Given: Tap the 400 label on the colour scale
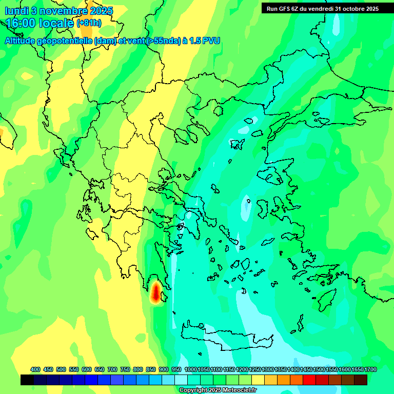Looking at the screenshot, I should click(x=35, y=369).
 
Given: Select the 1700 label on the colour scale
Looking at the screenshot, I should click(x=370, y=369).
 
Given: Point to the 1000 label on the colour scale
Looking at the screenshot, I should click(x=191, y=369).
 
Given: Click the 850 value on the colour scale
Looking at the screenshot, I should click(x=151, y=369).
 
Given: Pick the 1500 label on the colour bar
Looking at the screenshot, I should click(x=319, y=369).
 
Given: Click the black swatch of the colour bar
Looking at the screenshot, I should click(x=27, y=380).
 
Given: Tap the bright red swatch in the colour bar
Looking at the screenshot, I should click(x=309, y=380).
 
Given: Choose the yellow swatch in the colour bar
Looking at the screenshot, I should click(x=258, y=380).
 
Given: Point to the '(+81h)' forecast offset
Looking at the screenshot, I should click(x=89, y=24).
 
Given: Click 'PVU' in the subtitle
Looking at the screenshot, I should click(x=212, y=41).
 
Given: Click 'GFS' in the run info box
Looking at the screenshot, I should click(x=285, y=9).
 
